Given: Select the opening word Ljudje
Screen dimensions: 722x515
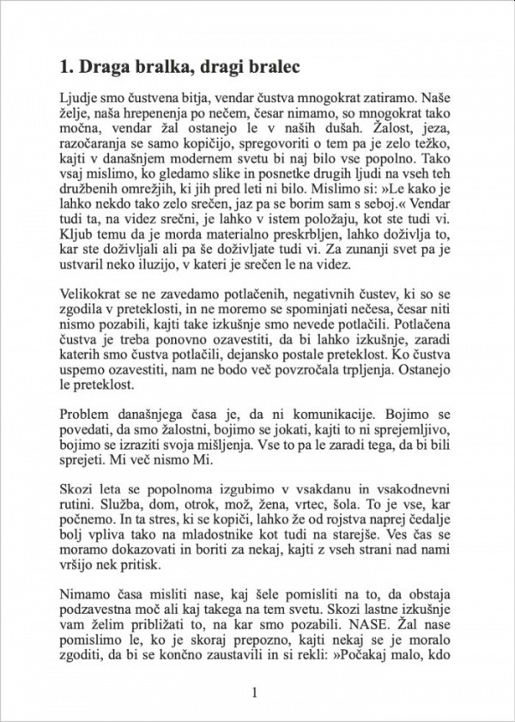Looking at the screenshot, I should [x=79, y=97].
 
